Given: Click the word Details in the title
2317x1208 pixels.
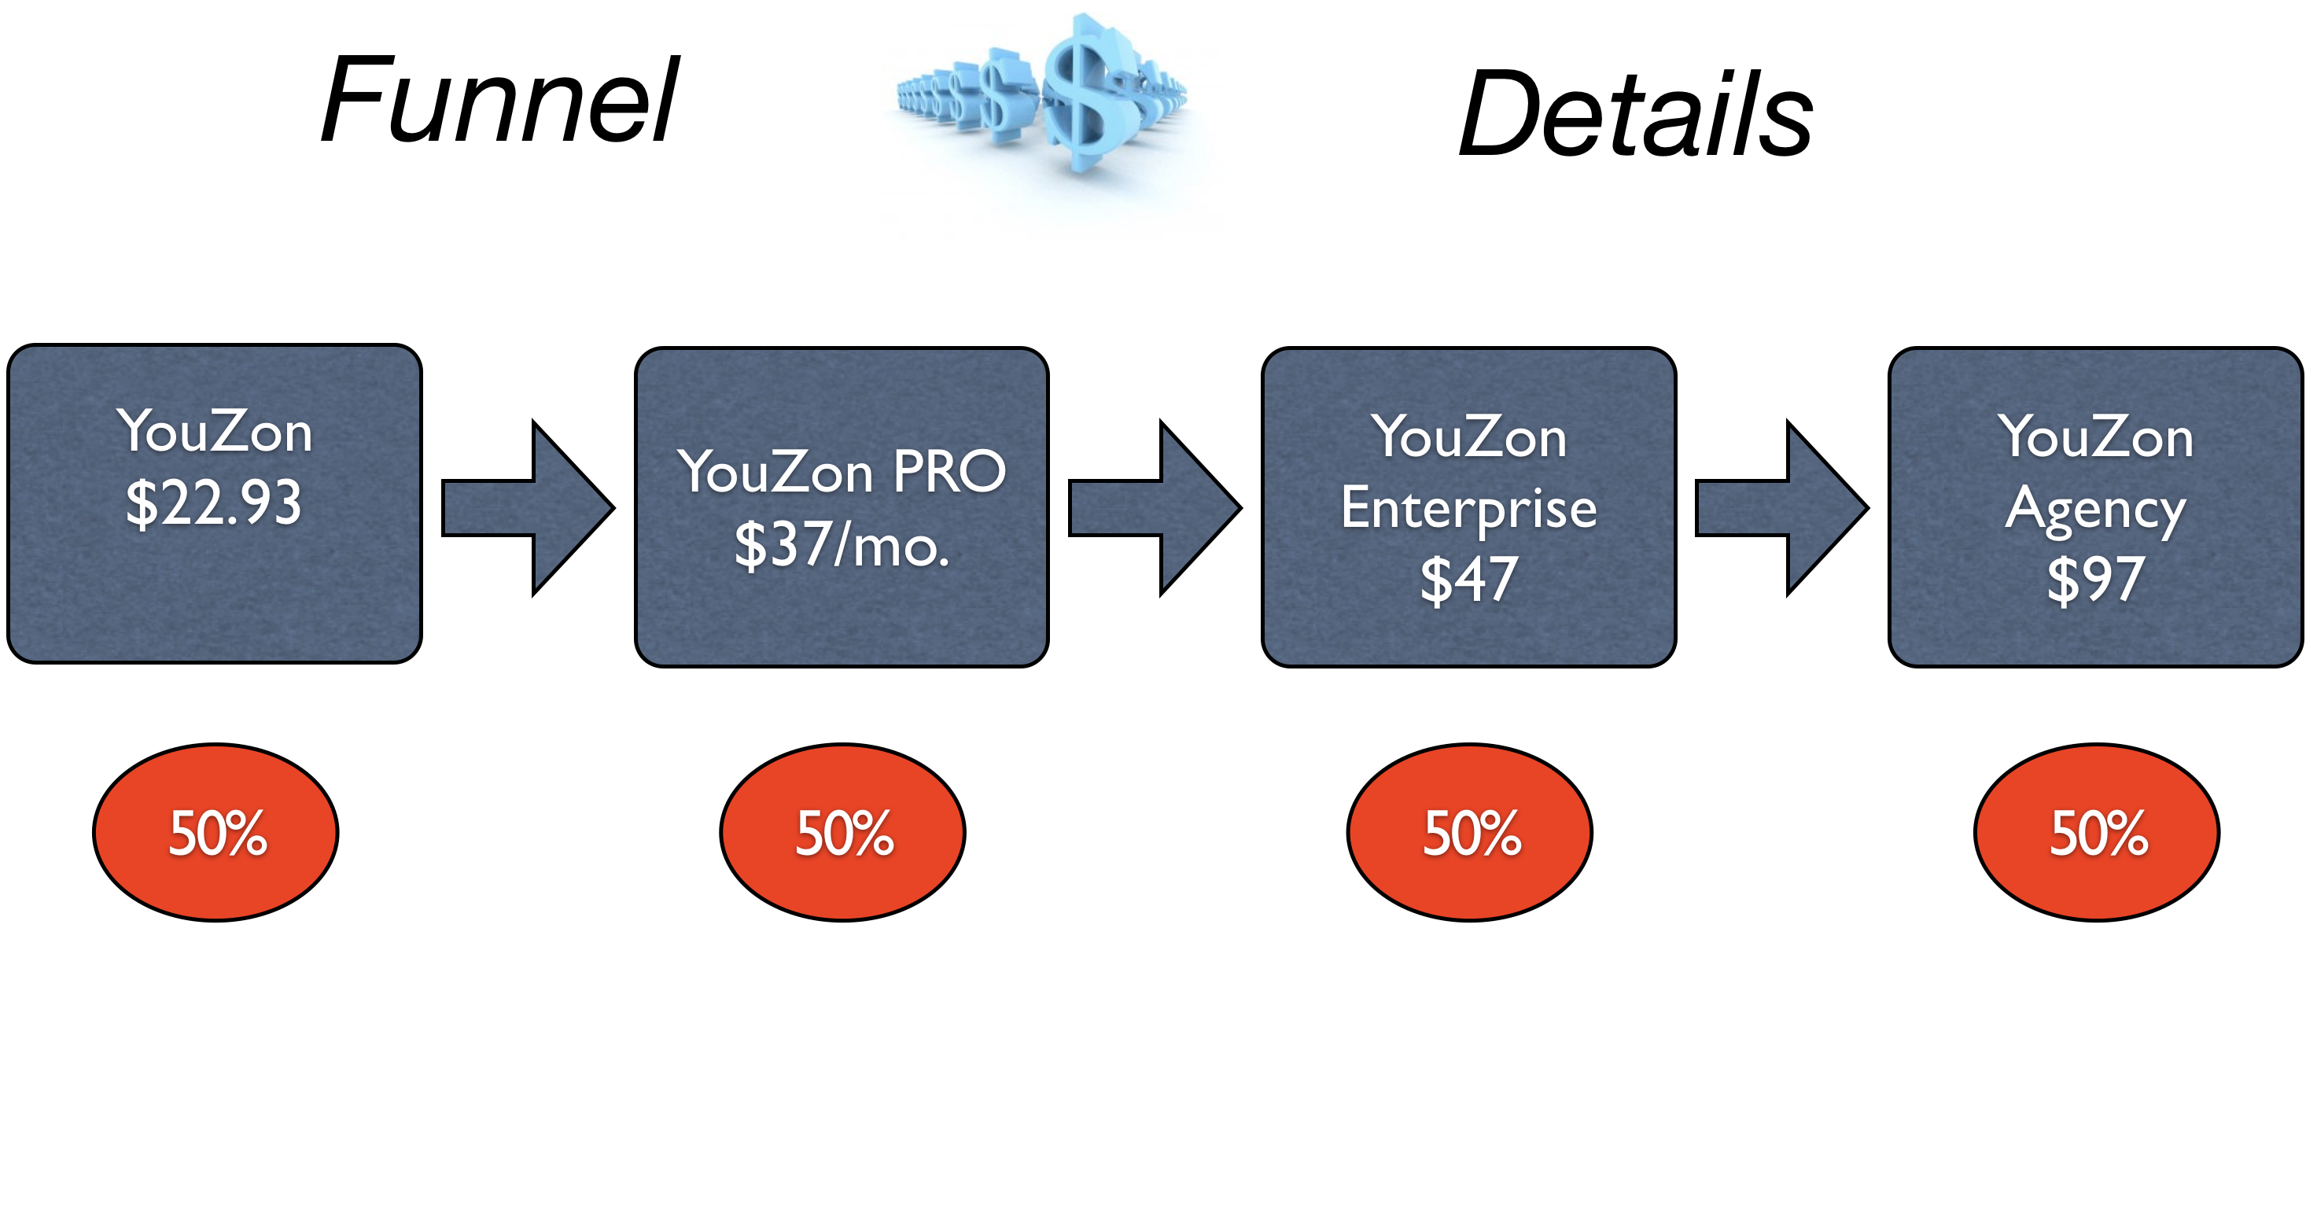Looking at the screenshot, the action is pyautogui.click(x=1635, y=114).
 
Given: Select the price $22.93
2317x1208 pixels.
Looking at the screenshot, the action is pyautogui.click(x=214, y=503).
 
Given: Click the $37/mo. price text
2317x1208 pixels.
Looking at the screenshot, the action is pyautogui.click(x=842, y=545).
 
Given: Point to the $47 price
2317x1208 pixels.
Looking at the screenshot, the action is pyautogui.click(x=1470, y=580).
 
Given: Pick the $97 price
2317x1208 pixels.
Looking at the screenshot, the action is pyautogui.click(x=2096, y=580).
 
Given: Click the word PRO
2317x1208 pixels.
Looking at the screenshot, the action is pyautogui.click(x=950, y=471).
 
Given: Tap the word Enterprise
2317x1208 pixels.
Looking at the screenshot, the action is pyautogui.click(x=1469, y=510).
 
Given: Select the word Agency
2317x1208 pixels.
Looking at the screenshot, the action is pyautogui.click(x=2096, y=511).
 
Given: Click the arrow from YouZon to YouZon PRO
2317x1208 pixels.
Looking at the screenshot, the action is pyautogui.click(x=528, y=508).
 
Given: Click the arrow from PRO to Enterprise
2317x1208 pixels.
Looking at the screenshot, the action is pyautogui.click(x=1155, y=508).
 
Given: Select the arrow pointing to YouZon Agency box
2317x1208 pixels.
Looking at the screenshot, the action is pyautogui.click(x=1782, y=508).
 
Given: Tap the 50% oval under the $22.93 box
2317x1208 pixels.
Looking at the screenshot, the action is pyautogui.click(x=215, y=832).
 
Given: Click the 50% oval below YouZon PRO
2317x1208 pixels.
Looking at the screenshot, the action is pyautogui.click(x=843, y=832).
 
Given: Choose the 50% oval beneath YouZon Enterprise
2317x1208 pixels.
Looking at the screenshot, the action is pyautogui.click(x=1470, y=832).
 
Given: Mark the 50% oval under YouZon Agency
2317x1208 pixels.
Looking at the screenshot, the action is pyautogui.click(x=2097, y=832).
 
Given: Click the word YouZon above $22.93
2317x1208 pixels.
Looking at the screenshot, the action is pyautogui.click(x=214, y=431).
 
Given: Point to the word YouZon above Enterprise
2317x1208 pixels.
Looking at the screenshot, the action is pyautogui.click(x=1469, y=437).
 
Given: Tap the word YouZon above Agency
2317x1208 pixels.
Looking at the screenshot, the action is pyautogui.click(x=2096, y=437).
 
